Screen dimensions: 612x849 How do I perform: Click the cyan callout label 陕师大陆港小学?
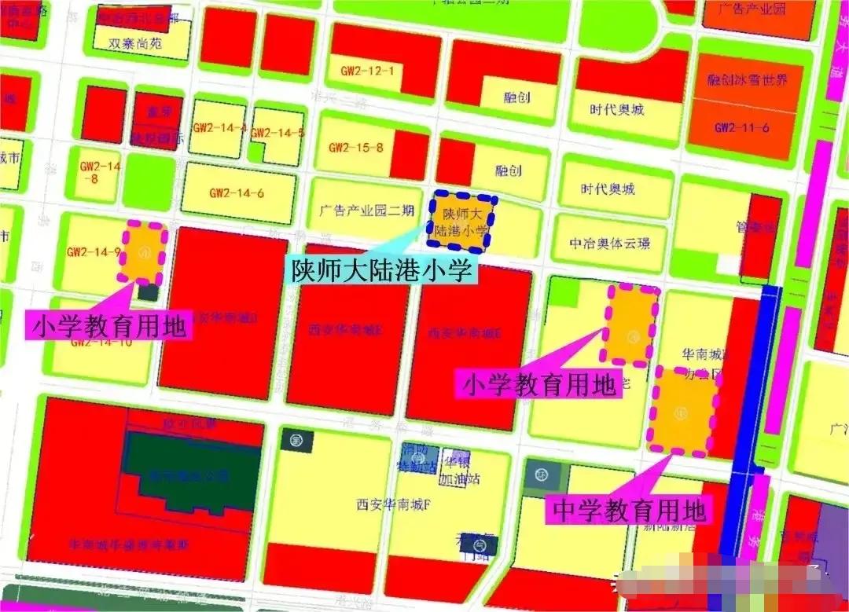(x=382, y=270)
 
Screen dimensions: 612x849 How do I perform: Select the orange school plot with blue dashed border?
(x=465, y=222)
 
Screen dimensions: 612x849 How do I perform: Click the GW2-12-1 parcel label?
(x=368, y=71)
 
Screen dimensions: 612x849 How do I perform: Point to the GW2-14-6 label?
(x=237, y=192)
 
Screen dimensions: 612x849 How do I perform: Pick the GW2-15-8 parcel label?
(x=356, y=147)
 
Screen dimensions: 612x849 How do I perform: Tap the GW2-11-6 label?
(x=741, y=127)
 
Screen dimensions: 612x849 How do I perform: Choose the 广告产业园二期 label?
(x=367, y=211)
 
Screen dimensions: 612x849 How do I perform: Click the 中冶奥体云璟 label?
(x=611, y=244)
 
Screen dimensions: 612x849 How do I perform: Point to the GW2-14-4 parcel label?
(x=219, y=128)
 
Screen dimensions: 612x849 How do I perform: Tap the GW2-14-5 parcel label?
(x=277, y=133)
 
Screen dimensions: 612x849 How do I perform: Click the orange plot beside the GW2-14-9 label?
(x=142, y=254)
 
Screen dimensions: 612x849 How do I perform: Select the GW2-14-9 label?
(x=94, y=252)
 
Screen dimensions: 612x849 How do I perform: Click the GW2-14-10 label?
(x=101, y=342)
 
